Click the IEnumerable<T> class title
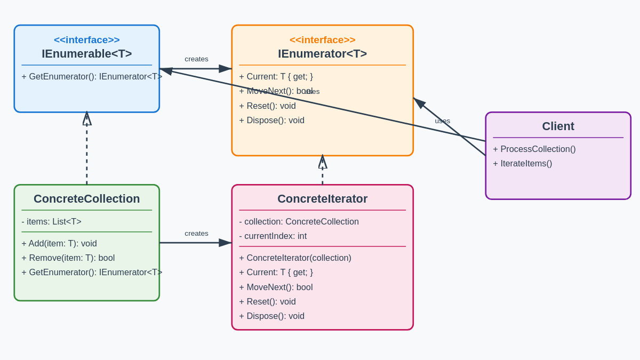click(x=87, y=54)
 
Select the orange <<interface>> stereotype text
click(x=322, y=40)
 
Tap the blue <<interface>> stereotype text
click(x=87, y=40)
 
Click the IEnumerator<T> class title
click(x=322, y=54)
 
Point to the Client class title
click(x=558, y=126)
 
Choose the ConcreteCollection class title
click(x=87, y=199)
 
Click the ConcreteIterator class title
click(x=322, y=199)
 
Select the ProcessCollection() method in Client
click(x=534, y=149)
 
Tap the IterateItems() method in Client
click(x=522, y=164)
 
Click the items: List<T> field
click(x=51, y=221)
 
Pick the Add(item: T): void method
click(x=59, y=244)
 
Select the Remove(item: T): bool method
click(x=68, y=258)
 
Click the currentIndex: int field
click(x=273, y=236)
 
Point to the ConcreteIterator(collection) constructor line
click(x=295, y=258)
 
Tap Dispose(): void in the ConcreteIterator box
click(x=271, y=316)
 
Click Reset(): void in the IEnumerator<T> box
click(x=267, y=106)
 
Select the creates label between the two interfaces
click(x=196, y=59)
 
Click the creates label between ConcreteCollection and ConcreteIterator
click(x=196, y=234)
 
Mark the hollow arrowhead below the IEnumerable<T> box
click(x=87, y=119)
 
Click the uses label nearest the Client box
click(x=442, y=121)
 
